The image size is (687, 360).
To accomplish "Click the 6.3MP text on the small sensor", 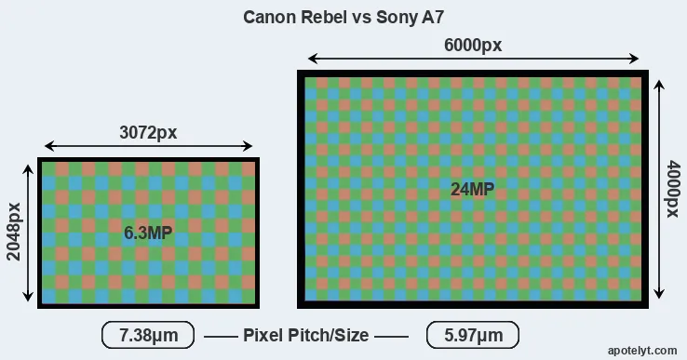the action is (148, 233).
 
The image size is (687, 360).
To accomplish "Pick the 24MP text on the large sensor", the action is (472, 189).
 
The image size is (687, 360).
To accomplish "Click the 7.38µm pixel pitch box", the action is (148, 335).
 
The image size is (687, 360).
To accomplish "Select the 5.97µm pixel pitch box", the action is (473, 335).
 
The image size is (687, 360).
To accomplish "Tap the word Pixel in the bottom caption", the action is (263, 335).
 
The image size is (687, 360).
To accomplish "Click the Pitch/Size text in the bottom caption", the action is (328, 336).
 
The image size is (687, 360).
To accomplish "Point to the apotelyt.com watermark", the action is (642, 351).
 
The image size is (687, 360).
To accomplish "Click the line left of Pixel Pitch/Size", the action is (221, 337).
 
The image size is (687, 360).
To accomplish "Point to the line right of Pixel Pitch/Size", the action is (391, 337).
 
